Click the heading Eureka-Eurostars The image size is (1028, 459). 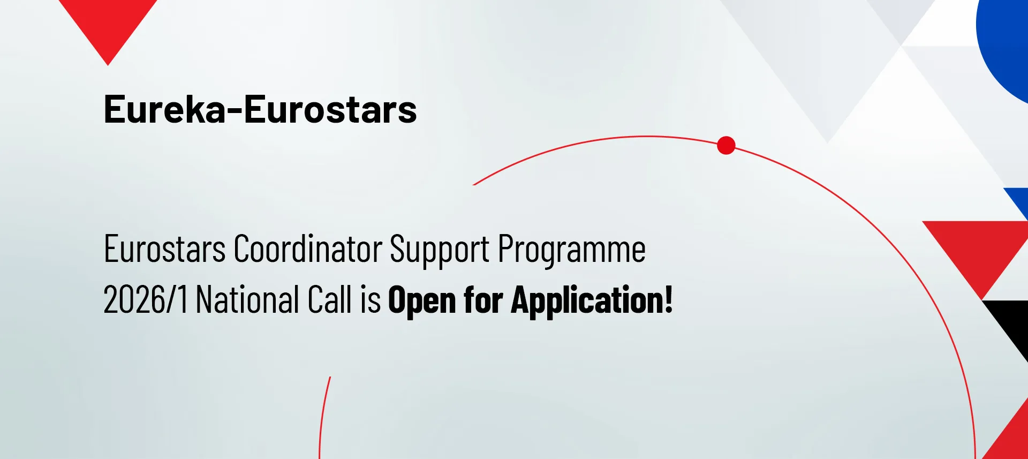coord(260,109)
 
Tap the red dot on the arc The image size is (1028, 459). coord(726,145)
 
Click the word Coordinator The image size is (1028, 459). coord(308,249)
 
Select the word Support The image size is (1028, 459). coord(440,250)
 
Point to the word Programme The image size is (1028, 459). coord(572,250)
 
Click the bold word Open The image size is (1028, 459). coord(422,300)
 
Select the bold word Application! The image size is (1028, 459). coord(592,300)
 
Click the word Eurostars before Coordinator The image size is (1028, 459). coord(165,249)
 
